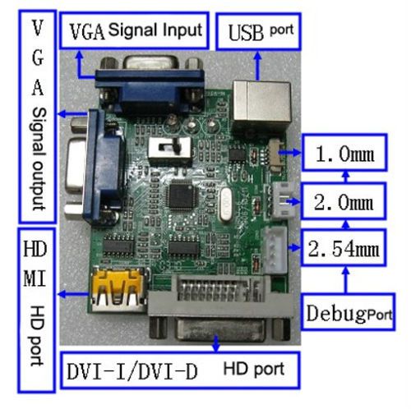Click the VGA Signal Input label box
coord(134,30)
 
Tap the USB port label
coord(259,31)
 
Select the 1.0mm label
coord(344,153)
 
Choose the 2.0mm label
coord(344,201)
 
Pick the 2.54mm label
coord(344,248)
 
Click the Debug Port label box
coord(348,311)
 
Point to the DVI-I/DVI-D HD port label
coord(180,370)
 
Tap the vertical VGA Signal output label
coord(38,117)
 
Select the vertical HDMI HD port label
coord(36,310)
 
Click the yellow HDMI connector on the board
coord(119,289)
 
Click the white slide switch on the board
coord(169,149)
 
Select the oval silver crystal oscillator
coord(227,204)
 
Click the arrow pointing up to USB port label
coord(258,66)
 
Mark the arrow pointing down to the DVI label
coord(216,342)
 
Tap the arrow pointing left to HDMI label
coord(74,294)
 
